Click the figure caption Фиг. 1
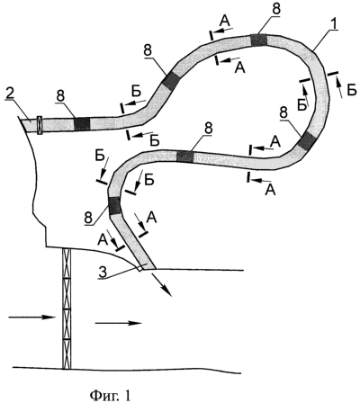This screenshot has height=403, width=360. (111, 394)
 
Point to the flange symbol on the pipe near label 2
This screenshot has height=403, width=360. (40, 125)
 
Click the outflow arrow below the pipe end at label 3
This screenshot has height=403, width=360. (162, 285)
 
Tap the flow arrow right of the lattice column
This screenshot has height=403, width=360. (118, 323)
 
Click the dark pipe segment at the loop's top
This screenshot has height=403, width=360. (258, 40)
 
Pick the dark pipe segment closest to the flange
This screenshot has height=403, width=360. (82, 123)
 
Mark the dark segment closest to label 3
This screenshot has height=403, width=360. (114, 206)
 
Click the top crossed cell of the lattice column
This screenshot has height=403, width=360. (67, 264)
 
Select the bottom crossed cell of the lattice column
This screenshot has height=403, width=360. (67, 354)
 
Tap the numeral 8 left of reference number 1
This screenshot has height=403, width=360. (276, 9)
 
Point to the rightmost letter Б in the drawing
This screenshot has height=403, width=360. (352, 91)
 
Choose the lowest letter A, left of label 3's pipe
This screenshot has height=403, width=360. (102, 239)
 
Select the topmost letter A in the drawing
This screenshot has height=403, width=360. (225, 21)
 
